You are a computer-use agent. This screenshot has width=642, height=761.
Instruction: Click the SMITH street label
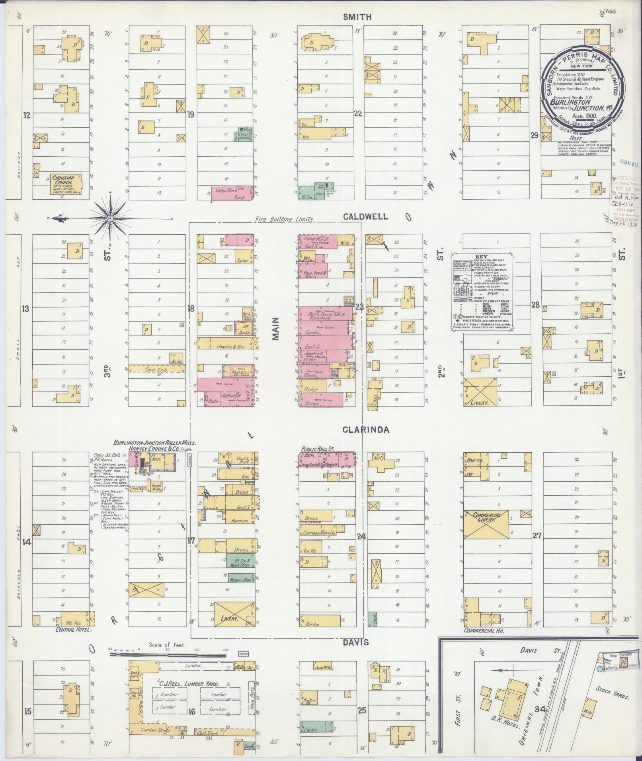[357, 17]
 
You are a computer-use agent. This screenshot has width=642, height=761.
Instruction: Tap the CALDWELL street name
[360, 216]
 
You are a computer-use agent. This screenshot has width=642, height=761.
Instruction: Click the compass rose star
[110, 218]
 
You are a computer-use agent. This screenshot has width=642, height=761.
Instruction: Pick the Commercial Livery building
[486, 525]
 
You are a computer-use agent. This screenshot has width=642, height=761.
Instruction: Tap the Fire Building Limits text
[284, 219]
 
